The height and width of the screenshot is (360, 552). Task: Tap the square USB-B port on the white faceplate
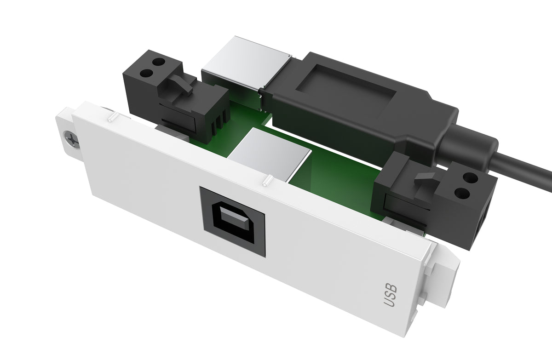click(232, 221)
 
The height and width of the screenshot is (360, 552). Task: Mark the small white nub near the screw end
click(111, 119)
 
